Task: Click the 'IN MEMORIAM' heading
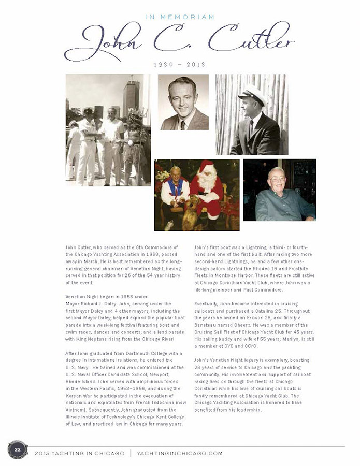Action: pos(180,17)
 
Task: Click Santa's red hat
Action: pos(208,167)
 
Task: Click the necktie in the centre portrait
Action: pos(183,124)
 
